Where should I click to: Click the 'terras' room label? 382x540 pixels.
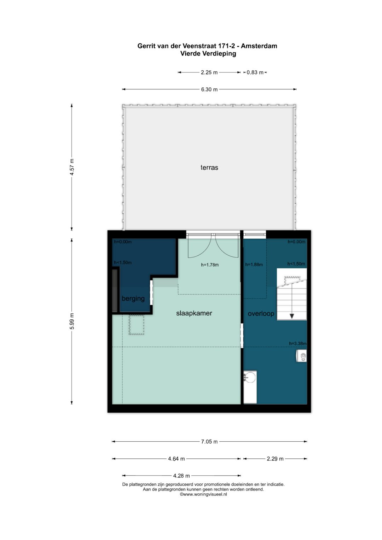click(209, 168)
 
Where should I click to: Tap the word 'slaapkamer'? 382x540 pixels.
click(194, 313)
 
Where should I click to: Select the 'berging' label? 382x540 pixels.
click(133, 299)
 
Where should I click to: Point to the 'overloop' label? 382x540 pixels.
click(261, 314)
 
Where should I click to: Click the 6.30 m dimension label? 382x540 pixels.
click(209, 89)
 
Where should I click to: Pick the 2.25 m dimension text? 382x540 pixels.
click(209, 72)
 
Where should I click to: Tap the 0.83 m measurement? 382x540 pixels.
click(255, 72)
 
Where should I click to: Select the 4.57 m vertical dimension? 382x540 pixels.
click(72, 167)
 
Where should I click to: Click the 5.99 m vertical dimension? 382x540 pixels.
click(72, 321)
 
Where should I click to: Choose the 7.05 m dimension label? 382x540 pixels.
click(209, 442)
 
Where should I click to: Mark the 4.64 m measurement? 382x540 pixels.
click(176, 459)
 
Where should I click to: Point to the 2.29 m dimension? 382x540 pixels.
click(275, 459)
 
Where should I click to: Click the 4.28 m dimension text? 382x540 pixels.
click(181, 476)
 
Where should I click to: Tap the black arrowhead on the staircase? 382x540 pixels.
click(292, 316)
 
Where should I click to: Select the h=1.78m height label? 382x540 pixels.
click(210, 265)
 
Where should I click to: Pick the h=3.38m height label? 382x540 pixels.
click(298, 343)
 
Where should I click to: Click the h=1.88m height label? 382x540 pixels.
click(254, 265)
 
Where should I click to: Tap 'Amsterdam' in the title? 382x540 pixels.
click(259, 46)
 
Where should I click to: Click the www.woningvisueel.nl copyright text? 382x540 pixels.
click(203, 494)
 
